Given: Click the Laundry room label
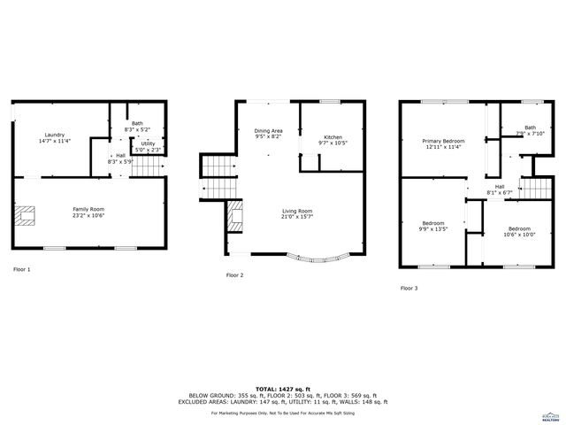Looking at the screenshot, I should [x=54, y=135].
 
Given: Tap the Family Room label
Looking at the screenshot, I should [x=89, y=207].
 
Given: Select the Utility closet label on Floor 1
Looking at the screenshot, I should [x=148, y=143].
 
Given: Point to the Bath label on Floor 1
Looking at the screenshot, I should [x=137, y=123].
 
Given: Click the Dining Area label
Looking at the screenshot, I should [x=268, y=131].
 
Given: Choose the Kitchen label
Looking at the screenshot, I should [x=333, y=136].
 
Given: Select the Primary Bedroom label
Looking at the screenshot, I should [x=443, y=141].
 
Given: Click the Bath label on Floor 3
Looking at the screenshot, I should [x=530, y=127].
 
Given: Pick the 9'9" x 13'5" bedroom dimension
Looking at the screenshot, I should [x=433, y=228].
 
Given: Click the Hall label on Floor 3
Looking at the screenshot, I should [x=500, y=187].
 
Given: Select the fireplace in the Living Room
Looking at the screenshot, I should [x=236, y=214].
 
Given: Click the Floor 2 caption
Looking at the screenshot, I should [x=235, y=275].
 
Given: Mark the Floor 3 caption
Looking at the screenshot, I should [x=409, y=288].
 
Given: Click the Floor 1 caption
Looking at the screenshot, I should [x=22, y=268].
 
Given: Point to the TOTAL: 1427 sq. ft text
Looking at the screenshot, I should [x=283, y=389].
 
